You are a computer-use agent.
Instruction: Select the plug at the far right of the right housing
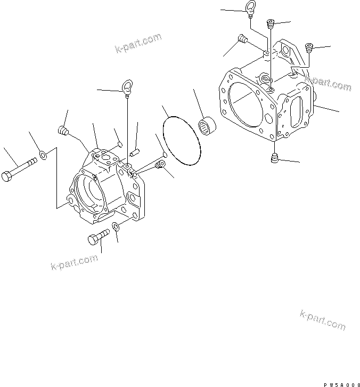click(308, 50)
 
